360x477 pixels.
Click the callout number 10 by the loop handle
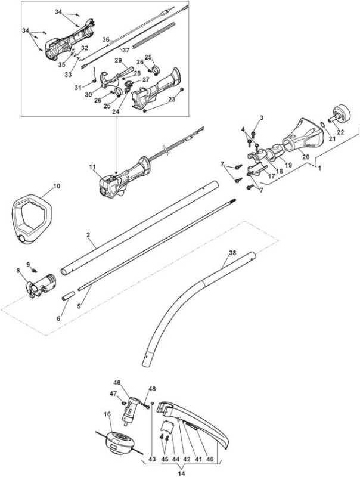click(x=57, y=186)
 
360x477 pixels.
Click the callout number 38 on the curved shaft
click(x=232, y=253)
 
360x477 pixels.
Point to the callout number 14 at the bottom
click(x=182, y=473)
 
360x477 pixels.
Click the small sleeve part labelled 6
click(x=68, y=296)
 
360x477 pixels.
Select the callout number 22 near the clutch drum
click(x=340, y=132)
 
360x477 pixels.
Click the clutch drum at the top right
click(x=342, y=114)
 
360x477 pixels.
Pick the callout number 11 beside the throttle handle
click(x=92, y=167)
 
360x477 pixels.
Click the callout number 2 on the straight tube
click(x=88, y=235)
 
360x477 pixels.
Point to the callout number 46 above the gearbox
click(x=117, y=382)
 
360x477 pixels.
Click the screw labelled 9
click(x=34, y=270)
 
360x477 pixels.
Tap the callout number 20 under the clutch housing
click(x=306, y=157)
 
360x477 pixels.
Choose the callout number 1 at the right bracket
click(x=319, y=168)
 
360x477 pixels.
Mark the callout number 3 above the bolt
click(x=262, y=117)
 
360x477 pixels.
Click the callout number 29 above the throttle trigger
click(x=118, y=61)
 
